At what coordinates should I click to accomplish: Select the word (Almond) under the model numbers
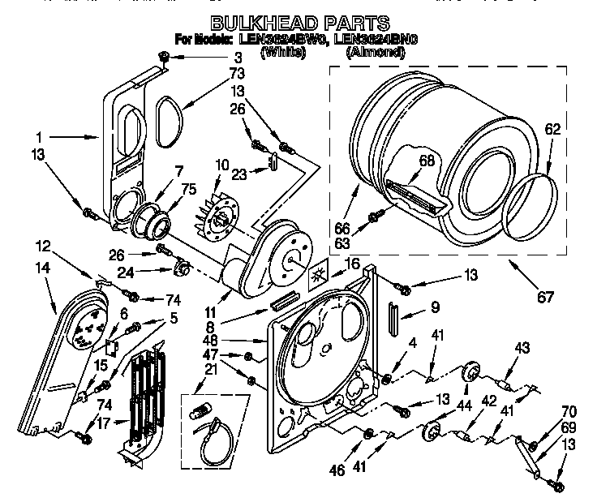pyautogui.click(x=375, y=52)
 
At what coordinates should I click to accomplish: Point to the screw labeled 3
pyautogui.click(x=165, y=56)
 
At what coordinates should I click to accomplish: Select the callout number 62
pyautogui.click(x=552, y=128)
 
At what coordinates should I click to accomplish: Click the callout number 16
pyautogui.click(x=351, y=264)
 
